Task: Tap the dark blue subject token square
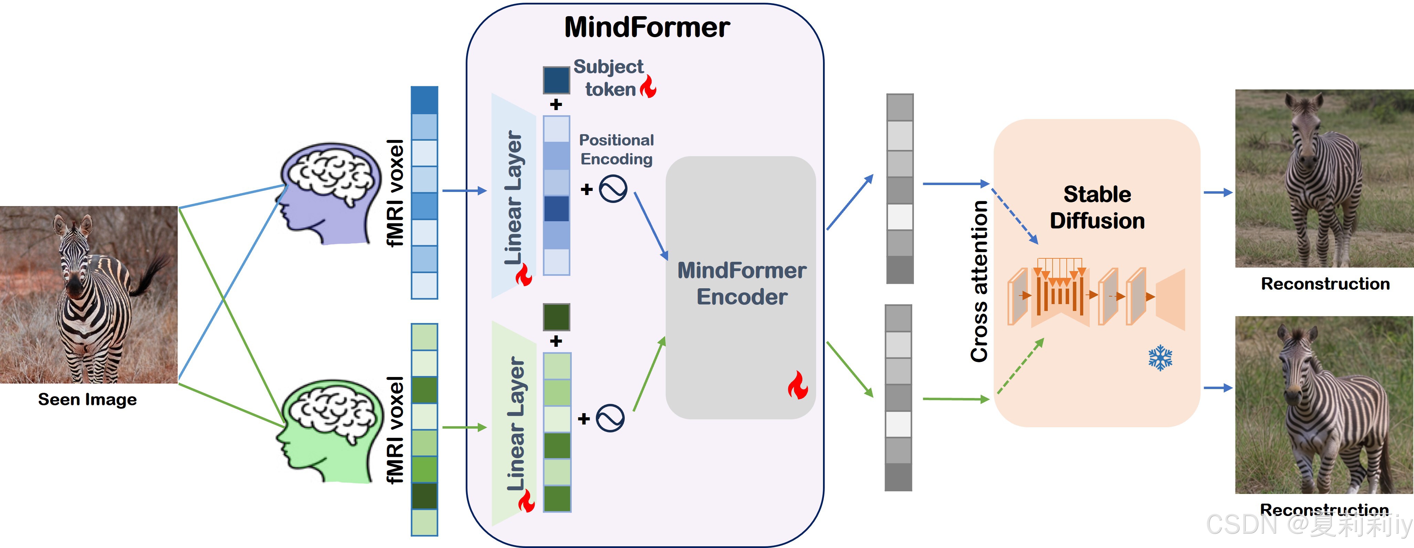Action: (556, 80)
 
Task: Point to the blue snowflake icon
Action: (1160, 358)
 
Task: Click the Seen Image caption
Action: (87, 399)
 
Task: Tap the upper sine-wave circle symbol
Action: (613, 189)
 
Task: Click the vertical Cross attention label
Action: (979, 281)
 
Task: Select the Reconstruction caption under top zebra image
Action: (1325, 283)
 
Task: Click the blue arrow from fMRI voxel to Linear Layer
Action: (464, 191)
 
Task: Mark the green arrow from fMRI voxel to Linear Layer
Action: (464, 427)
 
